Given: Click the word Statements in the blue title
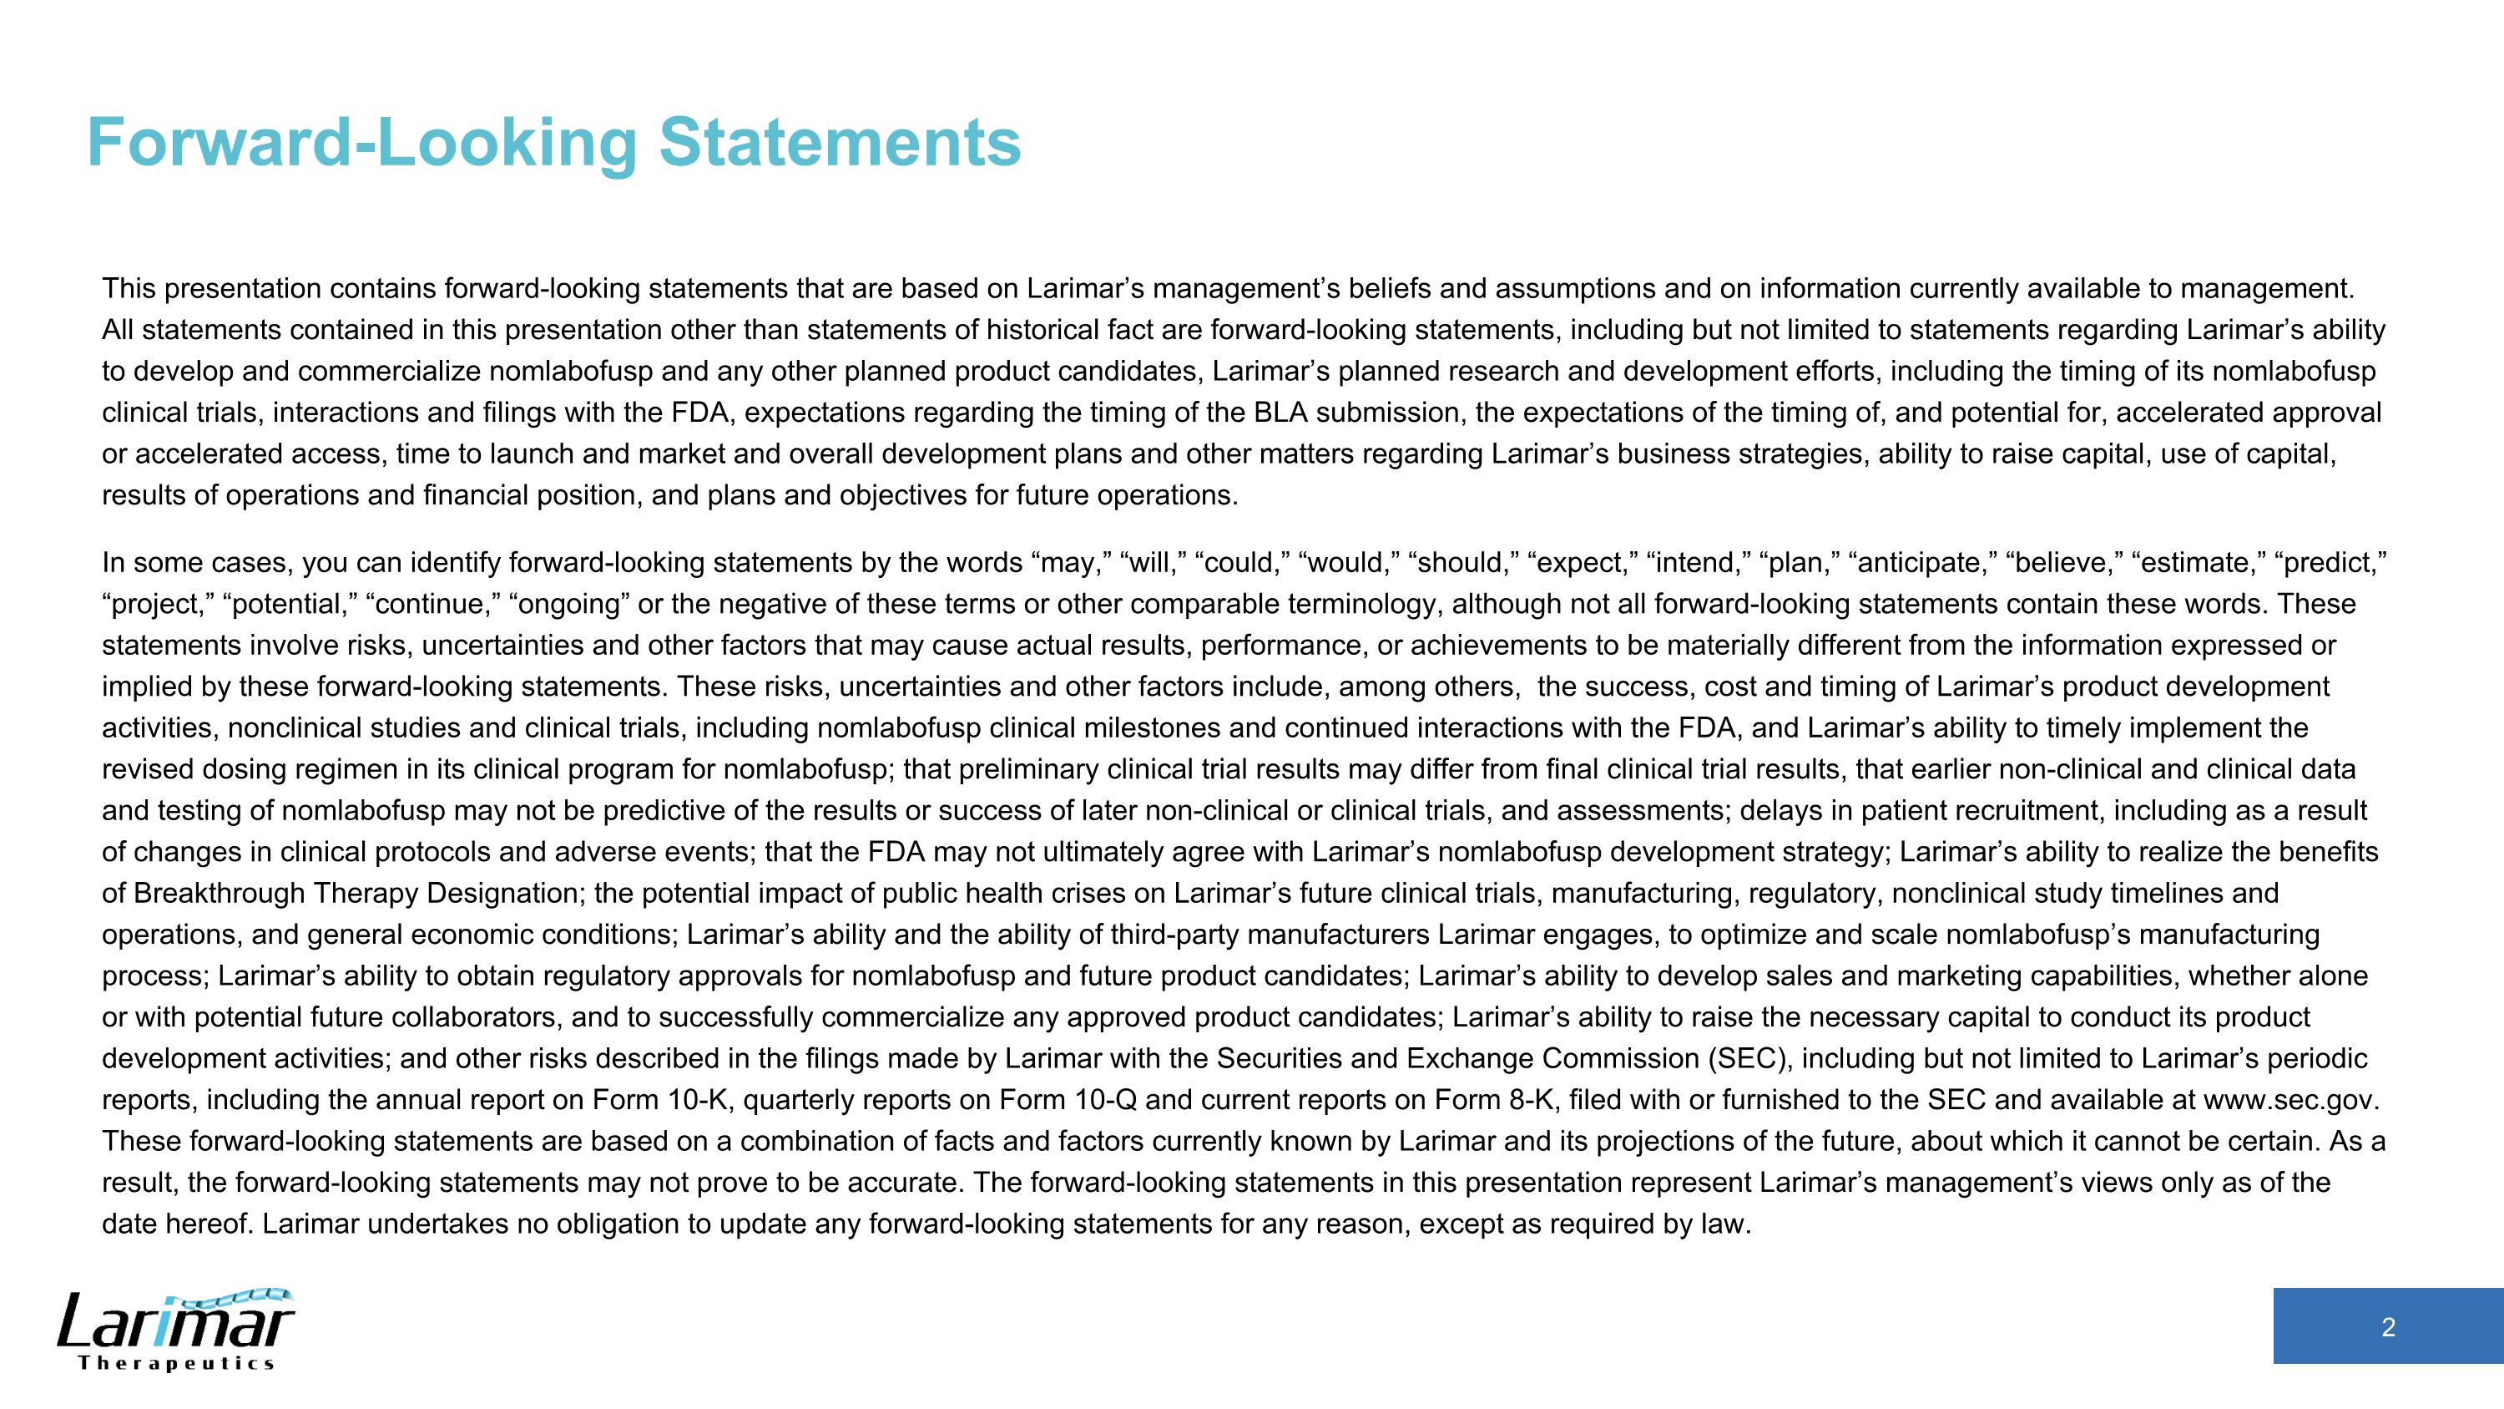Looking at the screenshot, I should (x=840, y=143).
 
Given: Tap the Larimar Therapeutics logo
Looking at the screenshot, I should (x=176, y=1330).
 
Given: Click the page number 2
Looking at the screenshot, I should (x=2387, y=1327).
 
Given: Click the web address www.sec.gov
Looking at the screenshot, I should (x=2289, y=1100).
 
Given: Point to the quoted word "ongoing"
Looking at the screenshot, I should (x=568, y=605).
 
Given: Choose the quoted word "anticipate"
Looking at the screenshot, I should (x=1921, y=563).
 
